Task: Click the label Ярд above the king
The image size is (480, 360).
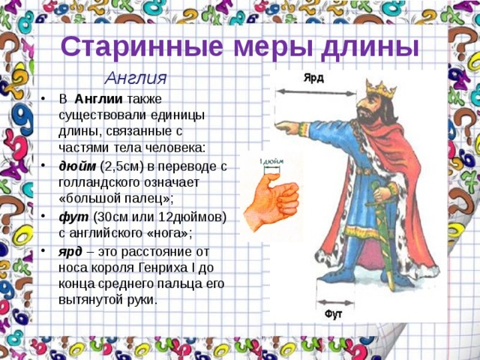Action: tap(313, 76)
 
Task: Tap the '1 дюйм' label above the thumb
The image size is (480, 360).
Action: tap(271, 160)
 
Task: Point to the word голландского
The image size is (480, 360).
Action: tap(101, 182)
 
